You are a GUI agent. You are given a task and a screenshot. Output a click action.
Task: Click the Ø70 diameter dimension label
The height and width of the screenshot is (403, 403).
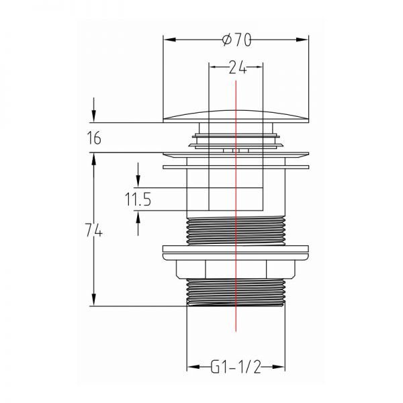click(236, 40)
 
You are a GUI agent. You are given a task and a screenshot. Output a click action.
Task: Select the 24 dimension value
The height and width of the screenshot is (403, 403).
click(238, 67)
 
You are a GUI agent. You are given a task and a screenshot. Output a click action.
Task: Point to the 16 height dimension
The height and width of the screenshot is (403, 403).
click(94, 138)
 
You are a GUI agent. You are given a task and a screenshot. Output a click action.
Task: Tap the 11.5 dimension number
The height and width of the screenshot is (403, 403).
click(138, 199)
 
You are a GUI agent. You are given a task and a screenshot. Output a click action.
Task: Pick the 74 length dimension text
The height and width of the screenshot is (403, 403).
click(94, 230)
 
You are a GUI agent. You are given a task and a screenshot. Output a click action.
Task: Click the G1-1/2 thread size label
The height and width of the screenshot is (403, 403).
click(236, 367)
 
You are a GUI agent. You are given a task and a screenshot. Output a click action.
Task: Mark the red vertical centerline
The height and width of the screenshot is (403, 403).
click(236, 206)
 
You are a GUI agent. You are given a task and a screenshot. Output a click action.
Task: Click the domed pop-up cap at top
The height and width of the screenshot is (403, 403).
click(236, 116)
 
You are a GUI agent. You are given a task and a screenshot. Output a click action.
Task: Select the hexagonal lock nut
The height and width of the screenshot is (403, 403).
click(236, 269)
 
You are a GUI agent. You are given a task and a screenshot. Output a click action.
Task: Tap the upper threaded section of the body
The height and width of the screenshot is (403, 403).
click(236, 231)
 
